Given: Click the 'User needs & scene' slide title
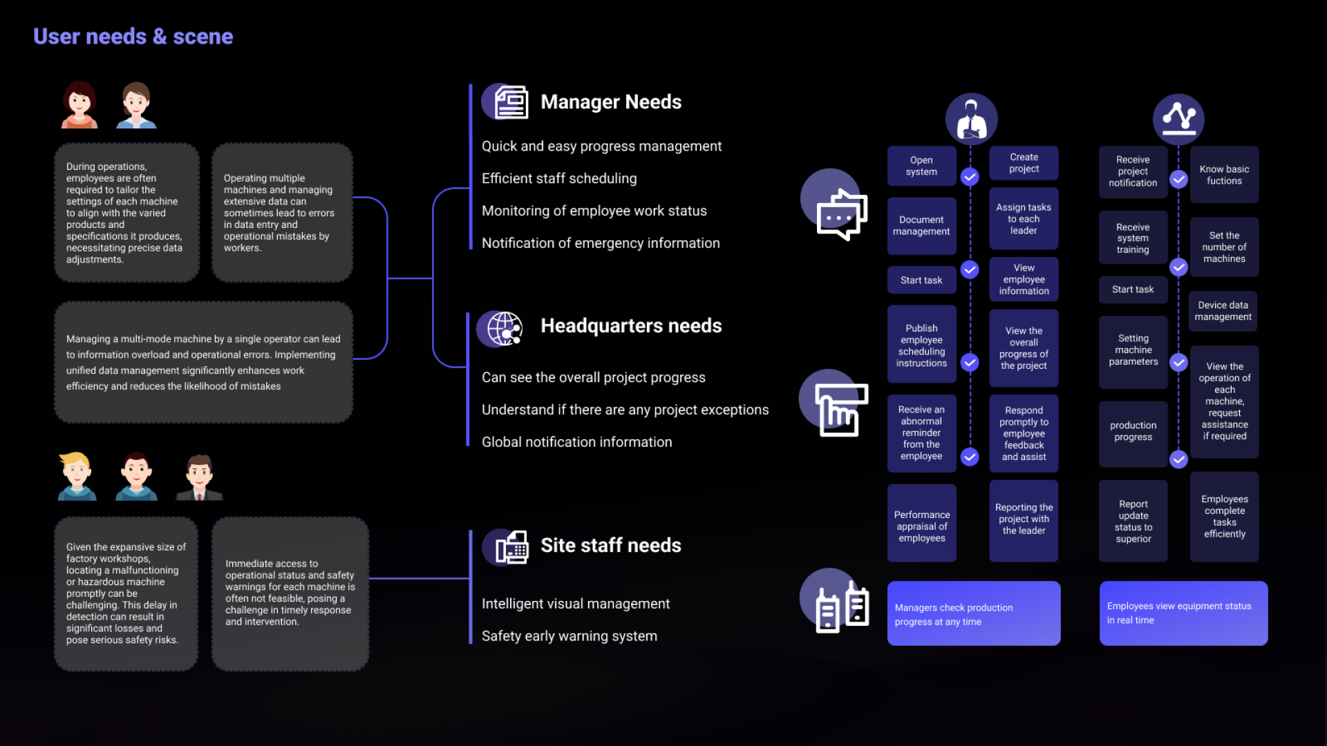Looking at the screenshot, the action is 133,36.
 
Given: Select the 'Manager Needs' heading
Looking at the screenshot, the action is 611,102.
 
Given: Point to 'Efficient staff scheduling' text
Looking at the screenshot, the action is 559,178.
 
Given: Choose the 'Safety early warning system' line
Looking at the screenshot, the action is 570,636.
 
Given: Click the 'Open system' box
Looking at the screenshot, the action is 921,166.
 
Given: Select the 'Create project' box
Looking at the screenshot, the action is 1024,163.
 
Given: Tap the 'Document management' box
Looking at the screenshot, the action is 921,226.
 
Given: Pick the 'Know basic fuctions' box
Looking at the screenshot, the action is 1224,175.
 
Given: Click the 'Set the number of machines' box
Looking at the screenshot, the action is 1224,247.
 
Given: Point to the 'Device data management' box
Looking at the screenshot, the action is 1223,311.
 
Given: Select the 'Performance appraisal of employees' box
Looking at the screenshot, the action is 922,526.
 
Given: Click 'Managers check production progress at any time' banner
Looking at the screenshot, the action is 974,613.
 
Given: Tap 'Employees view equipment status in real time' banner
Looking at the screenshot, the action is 1183,613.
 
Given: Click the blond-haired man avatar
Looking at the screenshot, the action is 77,476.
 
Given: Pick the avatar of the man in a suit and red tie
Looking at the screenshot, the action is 199,477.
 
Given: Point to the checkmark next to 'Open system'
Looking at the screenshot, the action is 970,177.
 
